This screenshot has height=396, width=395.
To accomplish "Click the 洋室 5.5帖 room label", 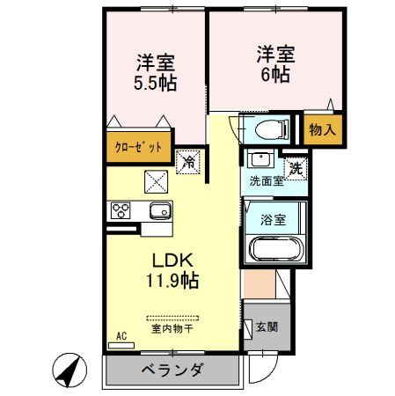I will (x=155, y=73).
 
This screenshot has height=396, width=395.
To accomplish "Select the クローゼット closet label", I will (x=139, y=147).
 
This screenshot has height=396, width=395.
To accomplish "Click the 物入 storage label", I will (x=322, y=130).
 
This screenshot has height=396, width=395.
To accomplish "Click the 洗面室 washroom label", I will (x=265, y=182).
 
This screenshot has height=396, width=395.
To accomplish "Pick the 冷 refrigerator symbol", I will (x=187, y=161).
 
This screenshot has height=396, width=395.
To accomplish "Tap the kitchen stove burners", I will (x=121, y=211).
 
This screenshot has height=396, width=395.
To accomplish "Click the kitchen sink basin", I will (x=160, y=211).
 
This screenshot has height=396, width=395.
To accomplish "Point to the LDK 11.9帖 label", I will (x=172, y=271).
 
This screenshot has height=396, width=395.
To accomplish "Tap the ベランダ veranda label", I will (x=172, y=370).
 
